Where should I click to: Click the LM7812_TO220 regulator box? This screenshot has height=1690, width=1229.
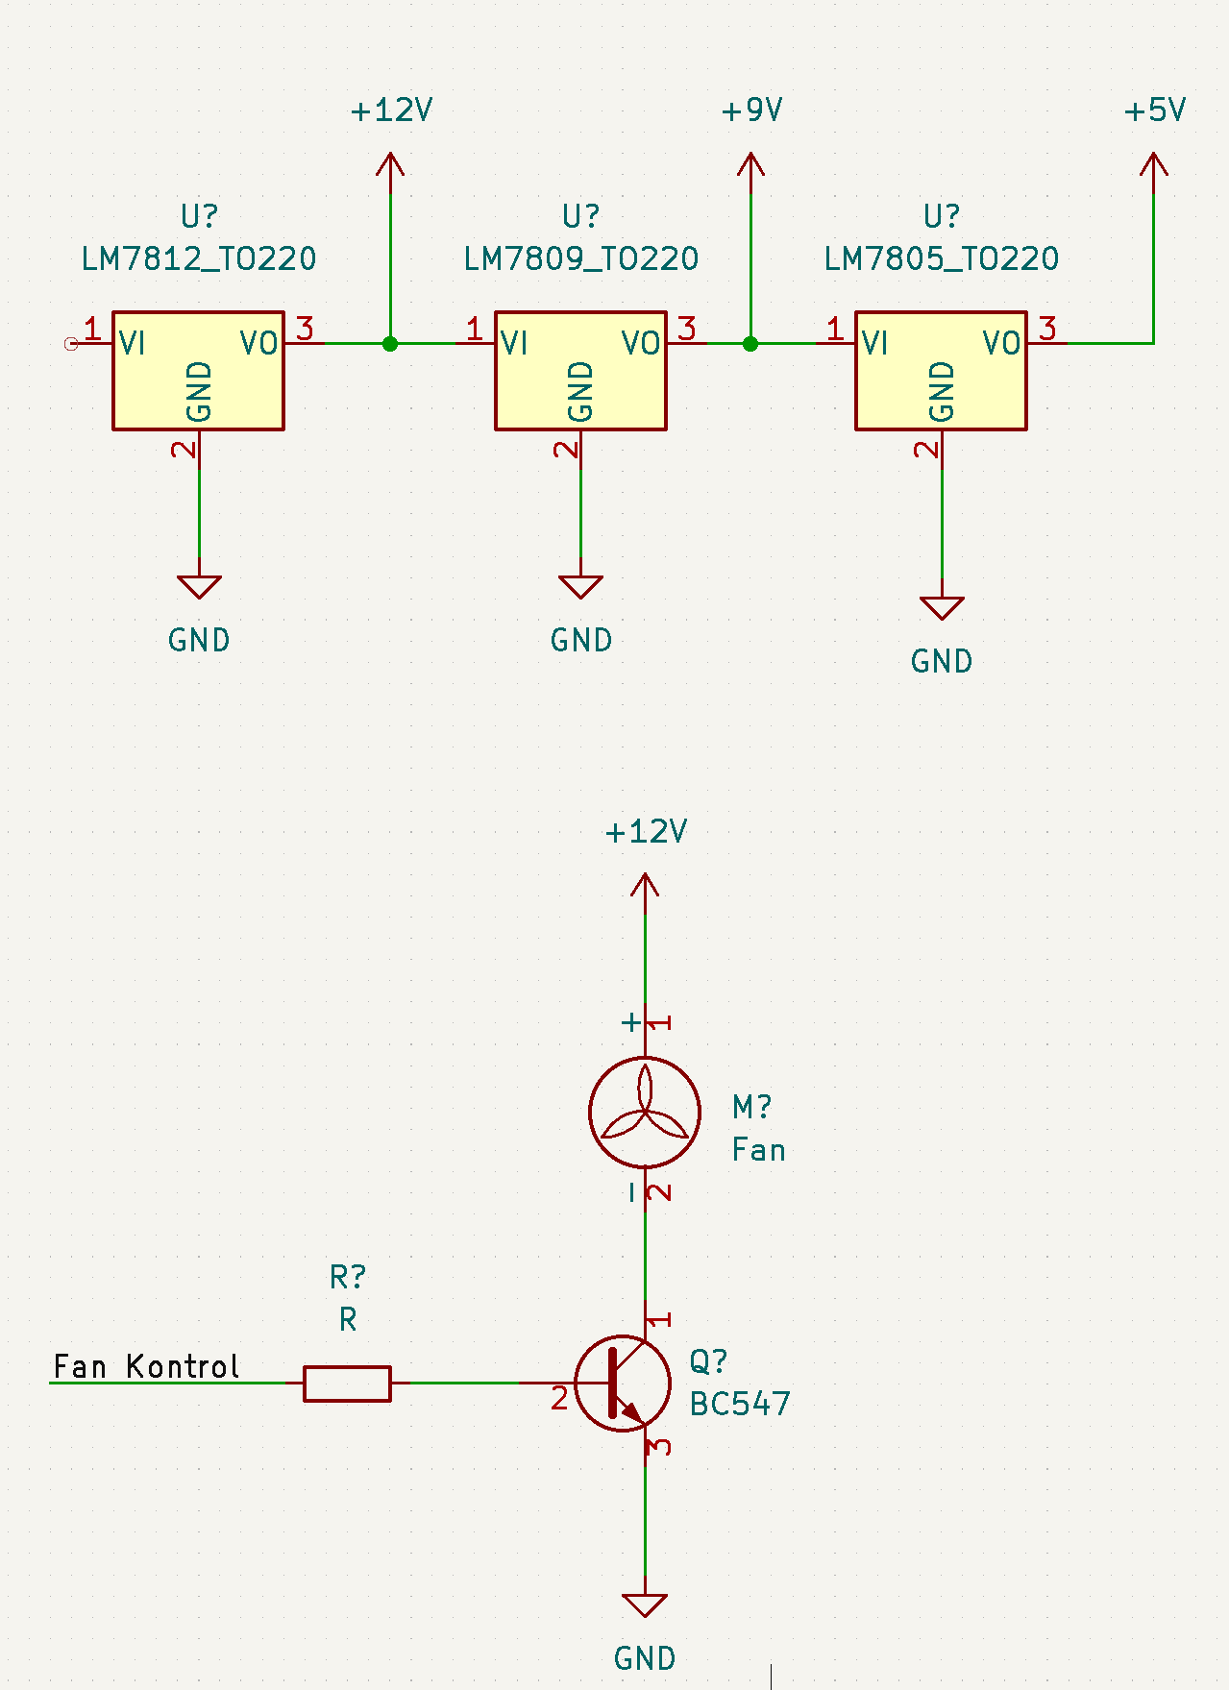198,370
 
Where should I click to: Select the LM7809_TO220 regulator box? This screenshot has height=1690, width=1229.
580,370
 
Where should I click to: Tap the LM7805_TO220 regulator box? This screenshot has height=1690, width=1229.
941,370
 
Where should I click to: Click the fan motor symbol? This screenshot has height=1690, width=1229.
645,1112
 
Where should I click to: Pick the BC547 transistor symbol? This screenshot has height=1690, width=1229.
623,1383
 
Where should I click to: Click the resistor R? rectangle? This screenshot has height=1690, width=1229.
347,1384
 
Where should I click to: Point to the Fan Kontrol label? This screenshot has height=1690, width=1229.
146,1366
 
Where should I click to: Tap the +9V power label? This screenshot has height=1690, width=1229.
751,110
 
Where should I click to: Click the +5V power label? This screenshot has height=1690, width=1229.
1154,110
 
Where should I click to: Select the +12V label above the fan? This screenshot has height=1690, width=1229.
646,832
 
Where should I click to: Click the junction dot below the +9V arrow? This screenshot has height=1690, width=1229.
750,343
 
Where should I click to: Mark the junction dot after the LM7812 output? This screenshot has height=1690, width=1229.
390,343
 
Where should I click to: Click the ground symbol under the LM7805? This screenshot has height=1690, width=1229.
942,608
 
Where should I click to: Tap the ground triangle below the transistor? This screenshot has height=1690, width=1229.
645,1605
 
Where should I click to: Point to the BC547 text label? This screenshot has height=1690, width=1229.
740,1405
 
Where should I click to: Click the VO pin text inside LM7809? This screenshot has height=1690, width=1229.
641,343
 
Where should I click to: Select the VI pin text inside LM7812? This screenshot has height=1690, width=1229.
133,343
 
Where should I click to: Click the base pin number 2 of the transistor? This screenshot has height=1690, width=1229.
559,1400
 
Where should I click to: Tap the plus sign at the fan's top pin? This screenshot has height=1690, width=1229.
630,1022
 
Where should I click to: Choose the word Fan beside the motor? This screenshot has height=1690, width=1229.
758,1150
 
